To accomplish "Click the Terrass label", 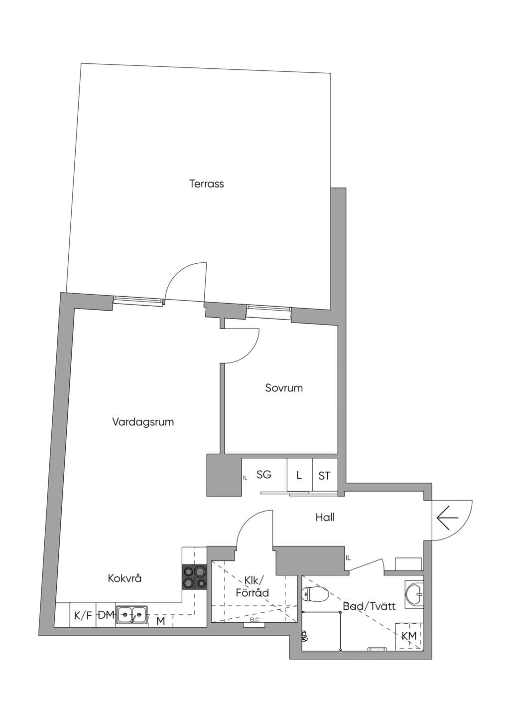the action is [206, 183].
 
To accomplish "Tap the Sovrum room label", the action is [284, 388].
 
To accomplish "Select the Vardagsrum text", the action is [143, 422].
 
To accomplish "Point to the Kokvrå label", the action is [125, 578].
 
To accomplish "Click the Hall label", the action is [325, 518].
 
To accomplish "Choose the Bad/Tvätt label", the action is [369, 606].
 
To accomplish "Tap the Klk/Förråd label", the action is [253, 586].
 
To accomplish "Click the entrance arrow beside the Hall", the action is [448, 518].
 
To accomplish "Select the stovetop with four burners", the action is [194, 577].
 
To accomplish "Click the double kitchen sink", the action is [132, 615].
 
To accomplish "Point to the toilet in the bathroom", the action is [315, 593].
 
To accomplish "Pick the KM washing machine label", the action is [409, 636].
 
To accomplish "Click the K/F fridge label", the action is [83, 616].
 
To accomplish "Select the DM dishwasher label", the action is [106, 615].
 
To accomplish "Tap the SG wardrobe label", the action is [264, 475].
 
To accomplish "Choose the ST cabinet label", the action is [325, 476].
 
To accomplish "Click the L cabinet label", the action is [299, 475].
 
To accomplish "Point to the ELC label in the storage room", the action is [255, 620].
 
